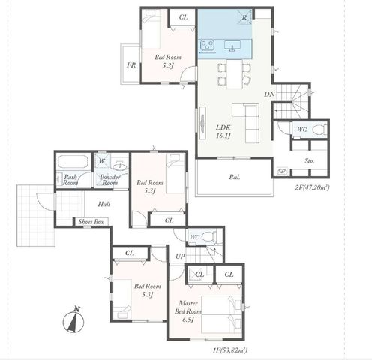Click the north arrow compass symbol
coord(73,320)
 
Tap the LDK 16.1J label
coord(223,131)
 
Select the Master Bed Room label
coord(188,311)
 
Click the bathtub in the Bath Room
coord(73,162)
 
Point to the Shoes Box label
coord(91,222)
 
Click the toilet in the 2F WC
coord(319,130)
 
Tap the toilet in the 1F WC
coord(209,236)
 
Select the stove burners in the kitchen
coord(208,45)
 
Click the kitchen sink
coord(232,46)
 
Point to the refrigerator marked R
coord(244,17)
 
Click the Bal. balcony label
coord(235,177)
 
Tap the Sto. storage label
coord(310,161)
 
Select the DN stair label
coord(269,94)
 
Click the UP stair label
coord(180,256)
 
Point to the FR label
coord(131,65)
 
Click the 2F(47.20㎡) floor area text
coord(312,187)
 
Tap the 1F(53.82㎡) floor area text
coord(230,350)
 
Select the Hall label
coord(104,204)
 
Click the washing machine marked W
coord(102,161)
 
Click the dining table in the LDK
coord(235,74)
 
